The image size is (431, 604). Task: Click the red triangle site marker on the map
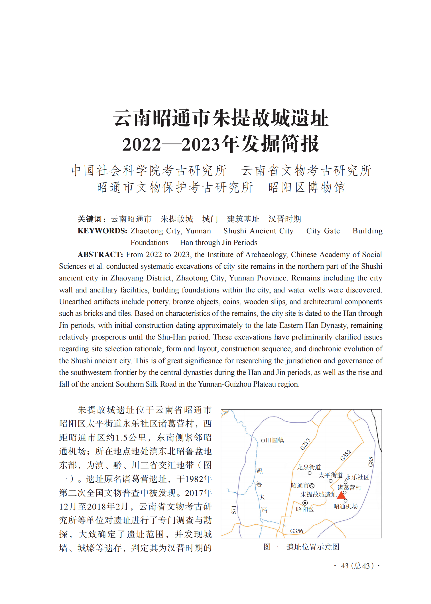[x=341, y=495]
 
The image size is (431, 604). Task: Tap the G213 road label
[x=305, y=444]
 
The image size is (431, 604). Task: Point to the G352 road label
[x=345, y=455]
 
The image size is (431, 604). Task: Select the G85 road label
[x=371, y=461]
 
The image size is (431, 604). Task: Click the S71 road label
[x=234, y=510]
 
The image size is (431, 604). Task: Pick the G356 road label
[x=296, y=531]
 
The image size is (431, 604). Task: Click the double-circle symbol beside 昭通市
[x=312, y=486]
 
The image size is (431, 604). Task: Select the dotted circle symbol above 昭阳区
[x=305, y=503]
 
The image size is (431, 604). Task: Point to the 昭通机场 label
[x=345, y=506]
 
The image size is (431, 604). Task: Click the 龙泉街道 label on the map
[x=309, y=467]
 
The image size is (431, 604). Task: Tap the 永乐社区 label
[x=357, y=477]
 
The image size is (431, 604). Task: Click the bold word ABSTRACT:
[x=100, y=254]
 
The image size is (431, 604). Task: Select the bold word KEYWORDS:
[x=102, y=231]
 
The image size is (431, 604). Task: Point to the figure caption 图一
[x=271, y=547]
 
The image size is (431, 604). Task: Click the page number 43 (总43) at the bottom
[x=357, y=566]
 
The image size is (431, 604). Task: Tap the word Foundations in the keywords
[x=149, y=243]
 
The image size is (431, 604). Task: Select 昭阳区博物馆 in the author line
[x=306, y=187]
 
